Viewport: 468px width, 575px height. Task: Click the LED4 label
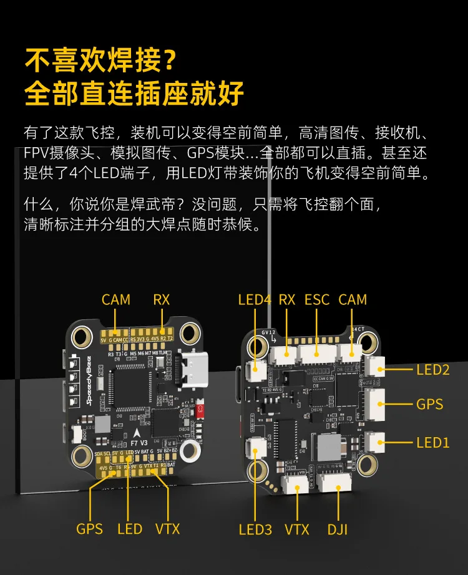point(255,299)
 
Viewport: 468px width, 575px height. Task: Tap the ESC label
point(316,299)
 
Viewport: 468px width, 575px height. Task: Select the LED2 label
point(433,370)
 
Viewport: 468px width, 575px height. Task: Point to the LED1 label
point(433,443)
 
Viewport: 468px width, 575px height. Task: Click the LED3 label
point(255,529)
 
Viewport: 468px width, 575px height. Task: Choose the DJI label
point(337,529)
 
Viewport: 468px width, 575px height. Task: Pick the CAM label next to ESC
point(353,299)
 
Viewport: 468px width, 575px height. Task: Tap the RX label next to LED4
point(286,299)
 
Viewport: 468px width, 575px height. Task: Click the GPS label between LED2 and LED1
point(430,404)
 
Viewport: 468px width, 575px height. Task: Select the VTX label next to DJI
point(297,529)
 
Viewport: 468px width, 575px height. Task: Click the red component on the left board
point(200,410)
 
